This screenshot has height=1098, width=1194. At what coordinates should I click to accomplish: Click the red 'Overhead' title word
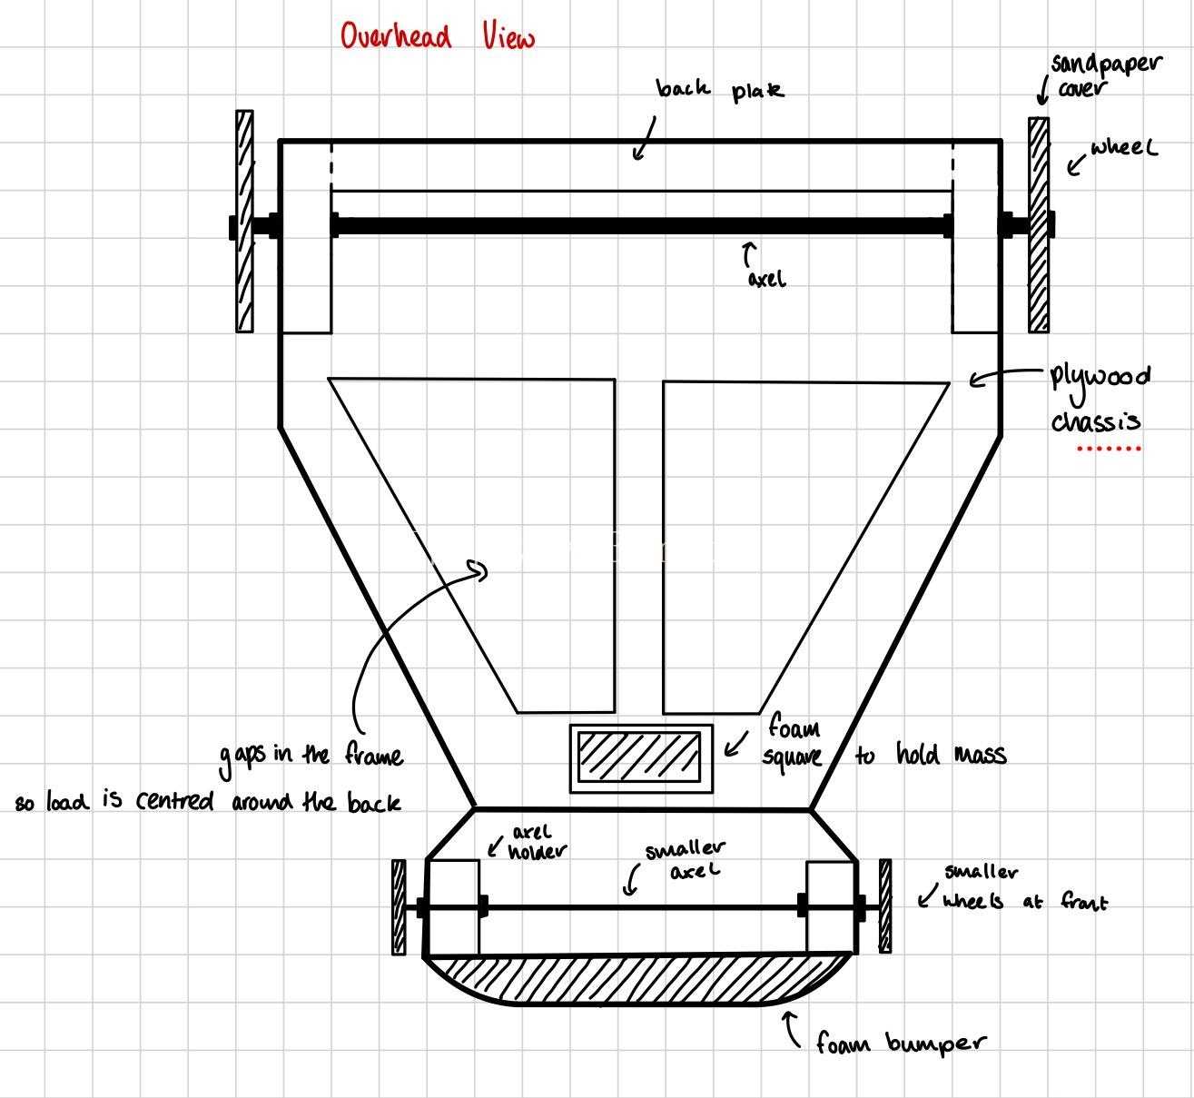(x=396, y=36)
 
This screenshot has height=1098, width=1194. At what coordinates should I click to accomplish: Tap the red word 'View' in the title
(x=508, y=36)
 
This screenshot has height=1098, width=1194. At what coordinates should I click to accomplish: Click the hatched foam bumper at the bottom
(x=636, y=980)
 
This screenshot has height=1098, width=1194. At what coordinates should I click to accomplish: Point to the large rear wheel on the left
(x=244, y=221)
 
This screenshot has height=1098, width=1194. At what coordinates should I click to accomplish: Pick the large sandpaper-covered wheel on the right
(x=1039, y=224)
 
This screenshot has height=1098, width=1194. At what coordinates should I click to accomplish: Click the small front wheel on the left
(x=399, y=907)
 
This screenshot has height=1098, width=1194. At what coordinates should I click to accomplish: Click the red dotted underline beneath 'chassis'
(x=1109, y=449)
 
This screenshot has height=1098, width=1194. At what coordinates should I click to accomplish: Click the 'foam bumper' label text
(x=901, y=1044)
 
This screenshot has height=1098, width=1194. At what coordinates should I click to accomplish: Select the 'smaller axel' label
(x=686, y=859)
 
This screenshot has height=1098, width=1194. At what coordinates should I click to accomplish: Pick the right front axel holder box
(x=831, y=907)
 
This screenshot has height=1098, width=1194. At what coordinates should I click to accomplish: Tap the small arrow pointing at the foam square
(x=736, y=745)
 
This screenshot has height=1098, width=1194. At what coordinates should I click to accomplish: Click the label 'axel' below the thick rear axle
(x=766, y=279)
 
